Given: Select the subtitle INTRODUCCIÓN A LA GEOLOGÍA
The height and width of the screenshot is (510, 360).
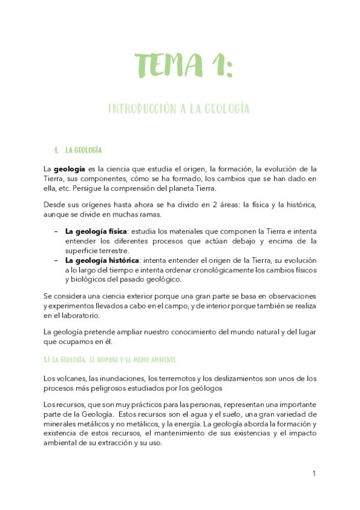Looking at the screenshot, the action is click(178, 109).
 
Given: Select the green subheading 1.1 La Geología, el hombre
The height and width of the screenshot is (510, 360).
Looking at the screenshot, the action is click(109, 360).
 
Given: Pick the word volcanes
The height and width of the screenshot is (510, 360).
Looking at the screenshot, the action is click(67, 378).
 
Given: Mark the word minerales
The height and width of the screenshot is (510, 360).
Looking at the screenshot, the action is click(63, 425).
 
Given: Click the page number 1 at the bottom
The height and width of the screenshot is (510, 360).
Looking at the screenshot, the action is click(314, 474).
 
